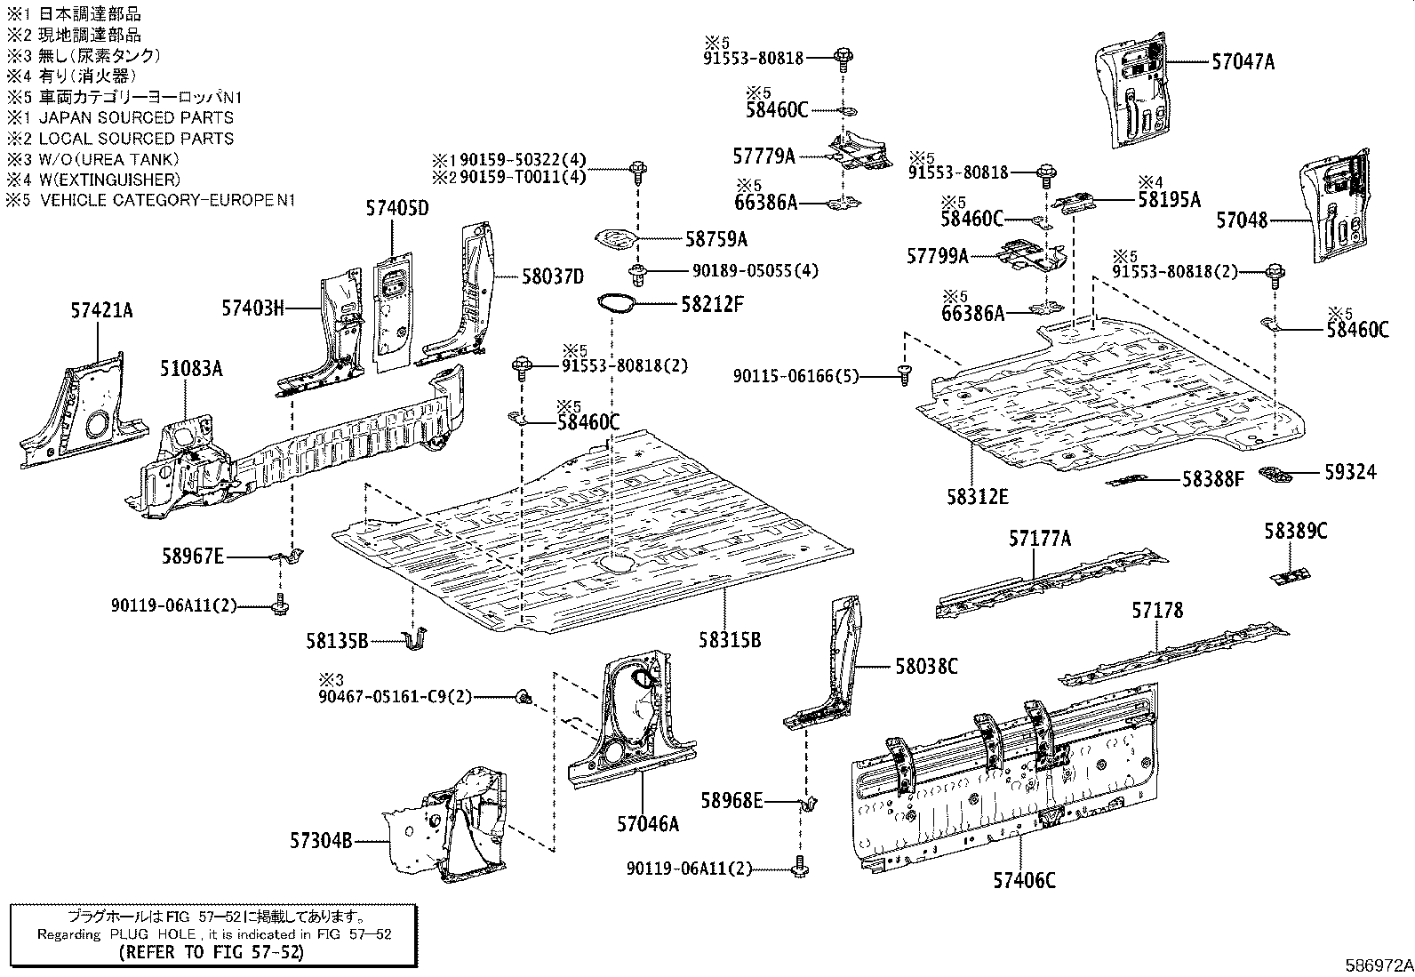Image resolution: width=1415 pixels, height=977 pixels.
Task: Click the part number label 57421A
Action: (x=101, y=310)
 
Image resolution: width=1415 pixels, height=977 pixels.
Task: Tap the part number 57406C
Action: (x=1024, y=880)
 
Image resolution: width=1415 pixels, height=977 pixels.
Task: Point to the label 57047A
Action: (x=1243, y=62)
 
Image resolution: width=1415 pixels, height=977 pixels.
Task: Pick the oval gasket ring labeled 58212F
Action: (x=619, y=303)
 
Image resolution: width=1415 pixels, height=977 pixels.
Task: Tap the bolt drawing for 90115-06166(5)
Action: (x=904, y=376)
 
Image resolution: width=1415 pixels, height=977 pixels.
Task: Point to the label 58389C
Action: (x=1295, y=532)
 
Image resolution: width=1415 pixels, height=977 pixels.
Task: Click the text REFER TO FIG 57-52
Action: (x=211, y=952)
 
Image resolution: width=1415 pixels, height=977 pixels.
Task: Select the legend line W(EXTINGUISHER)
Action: (x=108, y=180)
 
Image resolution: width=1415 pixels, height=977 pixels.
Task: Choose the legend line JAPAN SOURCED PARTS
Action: (x=135, y=117)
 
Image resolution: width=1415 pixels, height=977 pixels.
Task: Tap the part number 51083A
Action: (x=191, y=368)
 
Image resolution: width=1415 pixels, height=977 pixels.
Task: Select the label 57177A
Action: (x=1039, y=539)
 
